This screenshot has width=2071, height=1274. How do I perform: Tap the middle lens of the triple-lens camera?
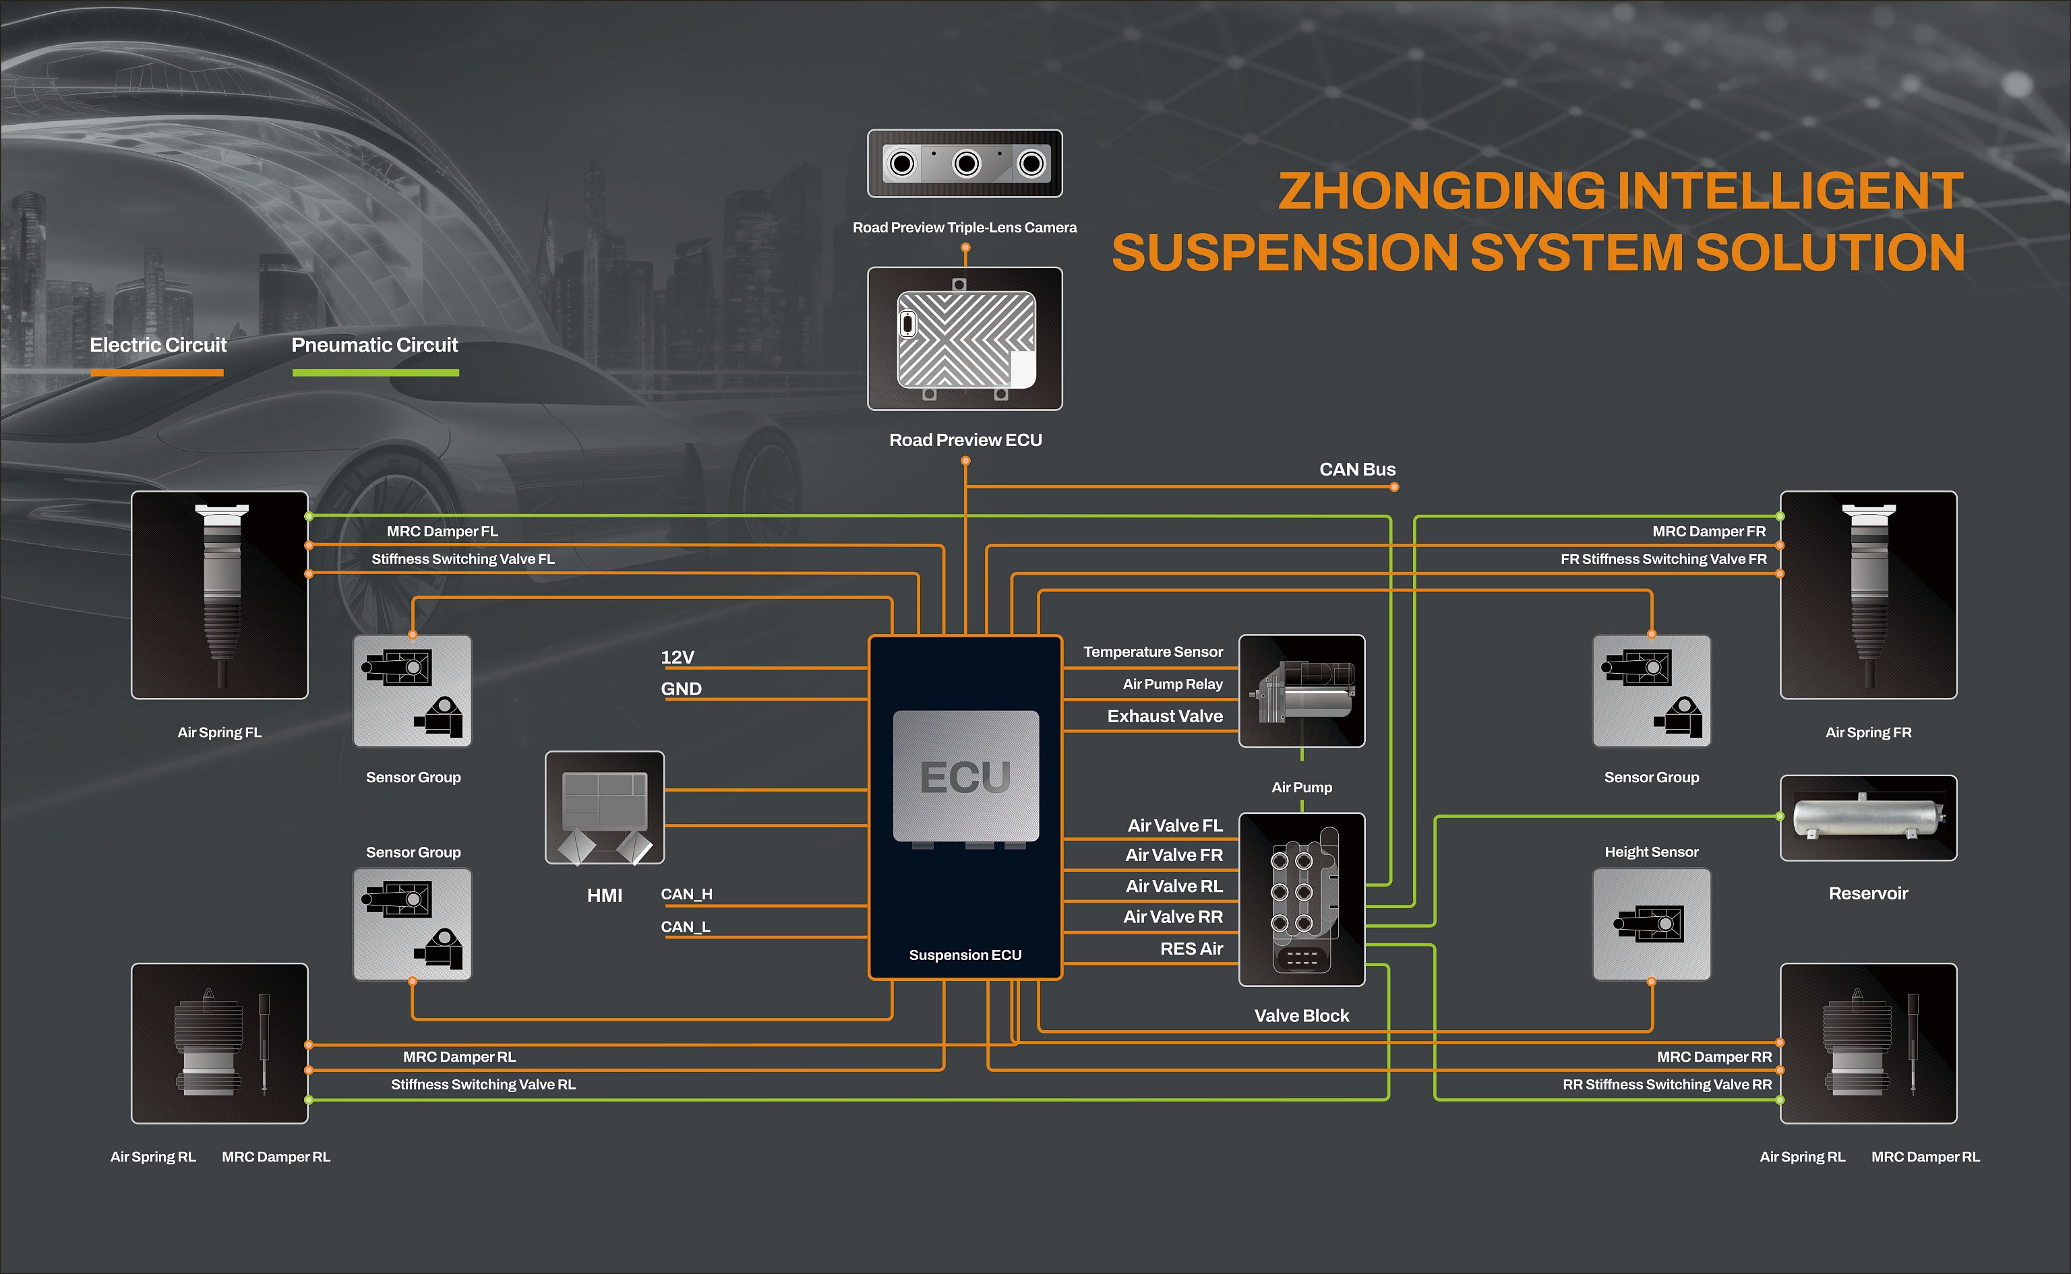[x=966, y=164]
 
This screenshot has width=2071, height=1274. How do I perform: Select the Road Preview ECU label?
[x=965, y=440]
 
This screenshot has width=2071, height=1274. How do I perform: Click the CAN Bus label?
[x=1356, y=470]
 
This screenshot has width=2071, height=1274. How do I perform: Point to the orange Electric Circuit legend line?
[x=157, y=373]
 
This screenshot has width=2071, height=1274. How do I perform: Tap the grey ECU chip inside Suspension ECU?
[x=965, y=775]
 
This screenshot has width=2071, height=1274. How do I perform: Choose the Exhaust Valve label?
[x=1164, y=716]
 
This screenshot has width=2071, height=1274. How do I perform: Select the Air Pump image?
[x=1301, y=691]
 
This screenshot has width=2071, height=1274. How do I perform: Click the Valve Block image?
[x=1301, y=899]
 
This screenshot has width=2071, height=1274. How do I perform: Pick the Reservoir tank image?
[x=1868, y=817]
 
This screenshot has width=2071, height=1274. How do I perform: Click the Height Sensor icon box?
[x=1650, y=924]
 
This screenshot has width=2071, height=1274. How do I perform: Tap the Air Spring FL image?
[x=219, y=595]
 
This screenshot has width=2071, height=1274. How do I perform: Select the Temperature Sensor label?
[x=1152, y=652]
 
